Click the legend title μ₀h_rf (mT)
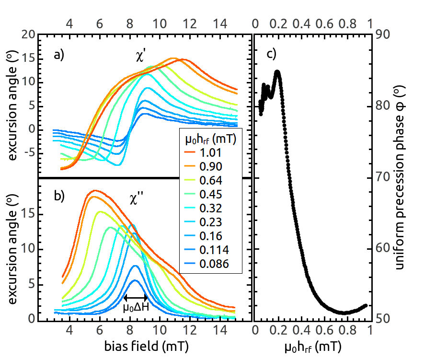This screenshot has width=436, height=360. click(x=210, y=139)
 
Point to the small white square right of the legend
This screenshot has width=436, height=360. click(x=263, y=136)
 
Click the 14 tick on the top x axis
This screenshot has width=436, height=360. click(x=219, y=23)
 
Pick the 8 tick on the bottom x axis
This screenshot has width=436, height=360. click(x=130, y=330)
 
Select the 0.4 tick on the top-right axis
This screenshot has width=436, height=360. click(x=301, y=23)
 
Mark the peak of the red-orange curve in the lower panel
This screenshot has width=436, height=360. click(x=96, y=191)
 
